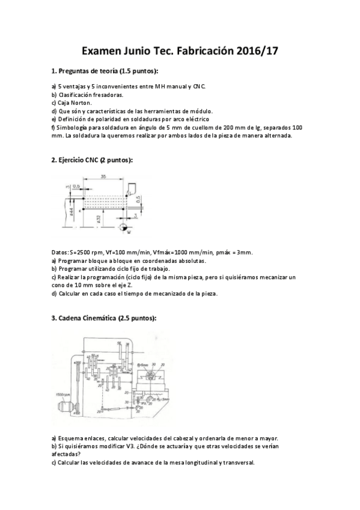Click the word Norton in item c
click(77, 103)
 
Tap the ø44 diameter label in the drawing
click(70, 212)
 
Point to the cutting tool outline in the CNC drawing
click(135, 189)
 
